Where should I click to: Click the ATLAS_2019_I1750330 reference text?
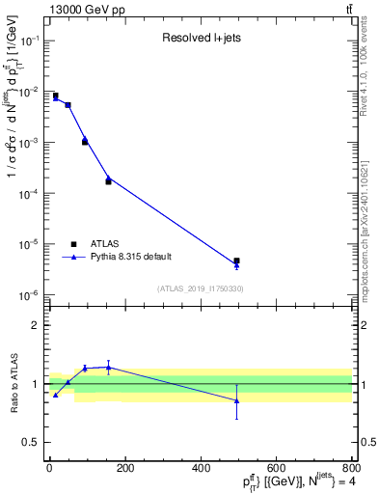[200, 288]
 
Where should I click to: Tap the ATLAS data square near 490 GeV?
[236, 261]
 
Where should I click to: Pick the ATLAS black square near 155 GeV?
[108, 181]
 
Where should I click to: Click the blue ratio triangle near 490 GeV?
[236, 400]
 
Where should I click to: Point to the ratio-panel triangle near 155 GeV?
[108, 367]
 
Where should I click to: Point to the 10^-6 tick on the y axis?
[28, 295]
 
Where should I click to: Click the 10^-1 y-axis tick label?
[28, 41]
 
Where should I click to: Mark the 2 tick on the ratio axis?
[35, 325]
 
